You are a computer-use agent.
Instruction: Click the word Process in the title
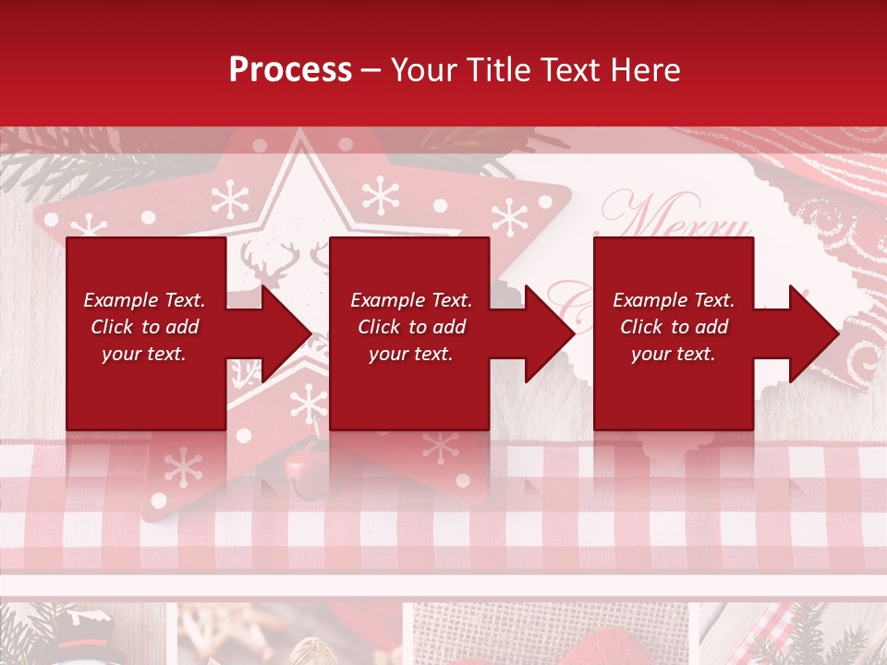pos(290,70)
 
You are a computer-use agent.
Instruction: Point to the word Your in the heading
pos(421,70)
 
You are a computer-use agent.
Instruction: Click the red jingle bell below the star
pos(306,466)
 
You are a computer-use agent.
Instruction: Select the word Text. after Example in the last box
pos(712,300)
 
